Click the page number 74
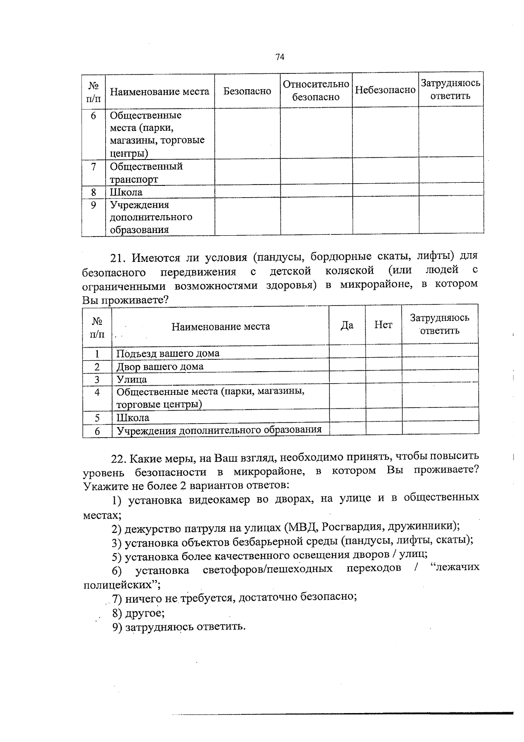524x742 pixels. pos(280,57)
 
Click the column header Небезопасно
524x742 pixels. pos(385,90)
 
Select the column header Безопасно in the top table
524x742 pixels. pos(247,91)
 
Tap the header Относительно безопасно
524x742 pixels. pos(316,90)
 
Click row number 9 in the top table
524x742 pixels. pos(93,205)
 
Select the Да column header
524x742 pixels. pos(347,326)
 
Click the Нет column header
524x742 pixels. pos(383,325)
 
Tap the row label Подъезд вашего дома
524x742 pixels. pos(168,353)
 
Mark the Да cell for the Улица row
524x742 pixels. pos(347,379)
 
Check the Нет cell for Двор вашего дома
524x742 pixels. pos(383,366)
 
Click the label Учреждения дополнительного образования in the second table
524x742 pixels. pos(219,430)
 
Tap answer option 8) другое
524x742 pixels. pos(138,613)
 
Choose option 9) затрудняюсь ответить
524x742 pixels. pos(178,627)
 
